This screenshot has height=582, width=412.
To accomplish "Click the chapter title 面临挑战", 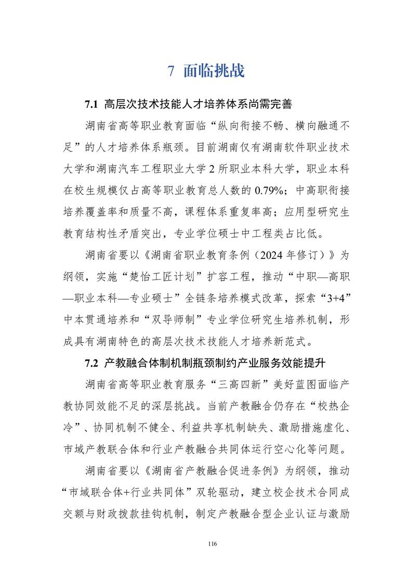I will point(214,71).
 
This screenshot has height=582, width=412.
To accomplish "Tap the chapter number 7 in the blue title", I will point(171,71).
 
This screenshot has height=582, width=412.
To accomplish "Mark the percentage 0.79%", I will point(269,190).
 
